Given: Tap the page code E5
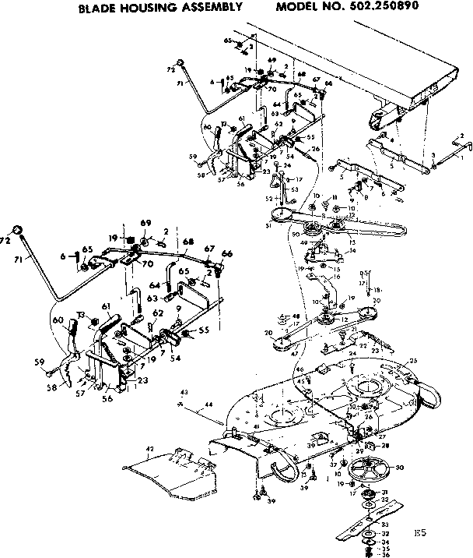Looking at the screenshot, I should coord(420,533).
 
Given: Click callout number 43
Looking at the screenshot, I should coord(184,391).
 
